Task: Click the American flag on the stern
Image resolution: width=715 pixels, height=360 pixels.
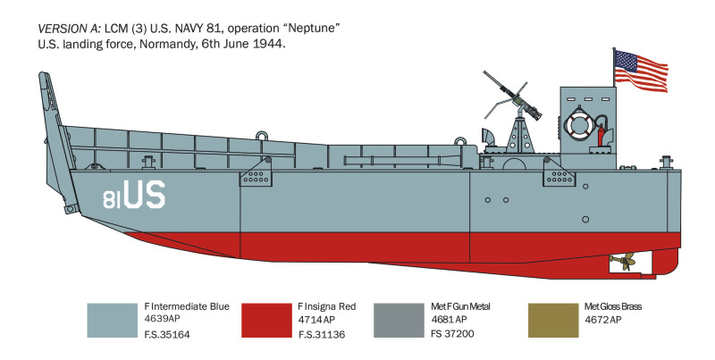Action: (x=641, y=71)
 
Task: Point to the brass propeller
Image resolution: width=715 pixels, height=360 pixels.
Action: (x=622, y=261)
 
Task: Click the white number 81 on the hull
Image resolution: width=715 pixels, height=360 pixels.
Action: (x=113, y=199)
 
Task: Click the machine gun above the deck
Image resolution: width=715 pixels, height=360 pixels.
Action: (x=513, y=95)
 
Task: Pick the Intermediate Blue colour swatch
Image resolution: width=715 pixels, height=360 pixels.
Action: (x=113, y=321)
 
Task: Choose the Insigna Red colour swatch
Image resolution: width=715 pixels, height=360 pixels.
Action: (x=266, y=321)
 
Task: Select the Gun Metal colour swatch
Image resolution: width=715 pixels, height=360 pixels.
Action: (x=399, y=321)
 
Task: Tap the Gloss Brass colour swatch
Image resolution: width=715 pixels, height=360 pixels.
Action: (x=553, y=321)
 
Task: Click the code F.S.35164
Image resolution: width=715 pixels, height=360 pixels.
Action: (x=167, y=334)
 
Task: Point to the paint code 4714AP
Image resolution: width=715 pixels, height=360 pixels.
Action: (x=317, y=320)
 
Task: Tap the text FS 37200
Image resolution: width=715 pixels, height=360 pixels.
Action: (x=452, y=333)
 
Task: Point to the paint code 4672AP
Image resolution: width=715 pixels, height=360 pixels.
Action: (x=602, y=320)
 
